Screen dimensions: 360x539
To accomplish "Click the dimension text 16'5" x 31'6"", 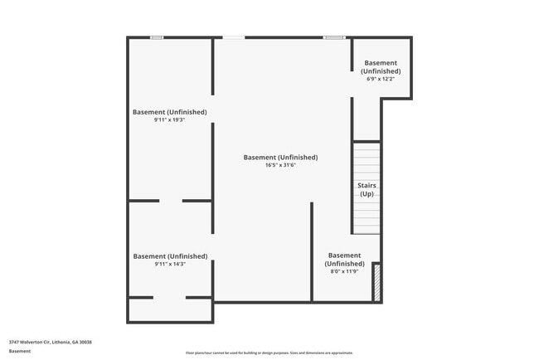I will pyautogui.click(x=280, y=165).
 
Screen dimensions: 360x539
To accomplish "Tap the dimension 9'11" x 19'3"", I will pyautogui.click(x=170, y=120).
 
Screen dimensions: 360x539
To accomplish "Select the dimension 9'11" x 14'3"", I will pyautogui.click(x=170, y=265).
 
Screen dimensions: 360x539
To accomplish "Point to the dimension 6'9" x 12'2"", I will pyautogui.click(x=381, y=80).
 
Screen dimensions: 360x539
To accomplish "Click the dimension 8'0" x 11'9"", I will pyautogui.click(x=344, y=271).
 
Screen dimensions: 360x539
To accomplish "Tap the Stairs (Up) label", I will pyautogui.click(x=367, y=189).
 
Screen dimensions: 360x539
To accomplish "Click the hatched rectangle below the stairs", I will pyautogui.click(x=376, y=282).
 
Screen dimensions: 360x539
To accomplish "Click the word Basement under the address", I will pyautogui.click(x=20, y=351).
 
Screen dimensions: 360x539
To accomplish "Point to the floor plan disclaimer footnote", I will pyautogui.click(x=269, y=353).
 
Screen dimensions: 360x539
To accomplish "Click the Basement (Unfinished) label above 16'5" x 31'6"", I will pyautogui.click(x=280, y=157).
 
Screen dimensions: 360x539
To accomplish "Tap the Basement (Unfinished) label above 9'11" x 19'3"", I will pyautogui.click(x=170, y=112).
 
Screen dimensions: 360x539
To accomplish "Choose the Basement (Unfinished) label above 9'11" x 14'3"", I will pyautogui.click(x=170, y=256).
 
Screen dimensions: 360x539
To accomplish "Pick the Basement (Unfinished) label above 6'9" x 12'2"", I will pyautogui.click(x=381, y=67).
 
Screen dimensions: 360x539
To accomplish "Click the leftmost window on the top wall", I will pyautogui.click(x=157, y=37).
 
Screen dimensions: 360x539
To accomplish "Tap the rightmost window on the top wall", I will pyautogui.click(x=334, y=37).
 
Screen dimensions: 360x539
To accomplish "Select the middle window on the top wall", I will pyautogui.click(x=234, y=37).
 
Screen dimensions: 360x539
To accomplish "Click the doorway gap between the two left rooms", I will pyautogui.click(x=171, y=201).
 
